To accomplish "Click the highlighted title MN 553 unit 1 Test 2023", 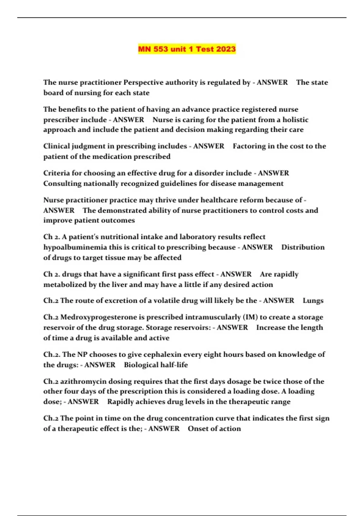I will pos(187,49).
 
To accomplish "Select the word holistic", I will pos(295,120).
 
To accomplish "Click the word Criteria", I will pos(56,173).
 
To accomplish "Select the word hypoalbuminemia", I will pos(75,247).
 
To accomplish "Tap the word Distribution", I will pos(303,247).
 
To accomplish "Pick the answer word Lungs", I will pos(313,300).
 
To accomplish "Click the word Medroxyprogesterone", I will pos(99,317).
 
